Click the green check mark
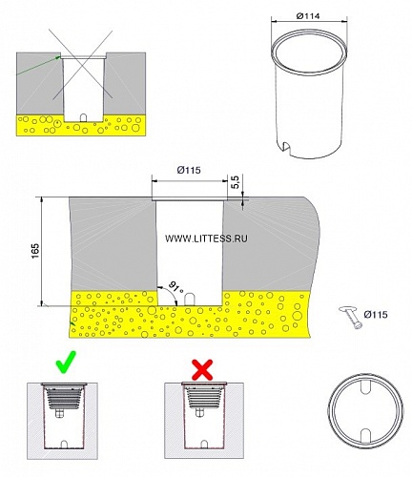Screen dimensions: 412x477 [x=67, y=363]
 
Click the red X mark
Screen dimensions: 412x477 [x=203, y=370]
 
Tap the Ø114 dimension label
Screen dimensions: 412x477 [x=308, y=16]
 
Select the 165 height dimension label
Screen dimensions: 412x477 [x=35, y=251]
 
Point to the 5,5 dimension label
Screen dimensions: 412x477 [x=236, y=182]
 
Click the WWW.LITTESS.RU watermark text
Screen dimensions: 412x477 [x=206, y=238]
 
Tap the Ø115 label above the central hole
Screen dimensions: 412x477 [x=189, y=170]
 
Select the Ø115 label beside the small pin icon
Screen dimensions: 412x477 [x=376, y=315]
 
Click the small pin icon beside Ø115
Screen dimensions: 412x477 [x=351, y=317]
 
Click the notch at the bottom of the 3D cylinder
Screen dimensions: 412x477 [x=287, y=147]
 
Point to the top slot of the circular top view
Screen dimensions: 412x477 [x=365, y=384]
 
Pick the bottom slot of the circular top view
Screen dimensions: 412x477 [x=366, y=435]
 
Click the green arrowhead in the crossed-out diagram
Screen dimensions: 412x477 [x=58, y=57]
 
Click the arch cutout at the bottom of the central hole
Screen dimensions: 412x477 [x=190, y=300]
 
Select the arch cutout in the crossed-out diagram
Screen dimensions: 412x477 [x=83, y=118]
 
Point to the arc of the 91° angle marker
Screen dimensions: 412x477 [x=172, y=292]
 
